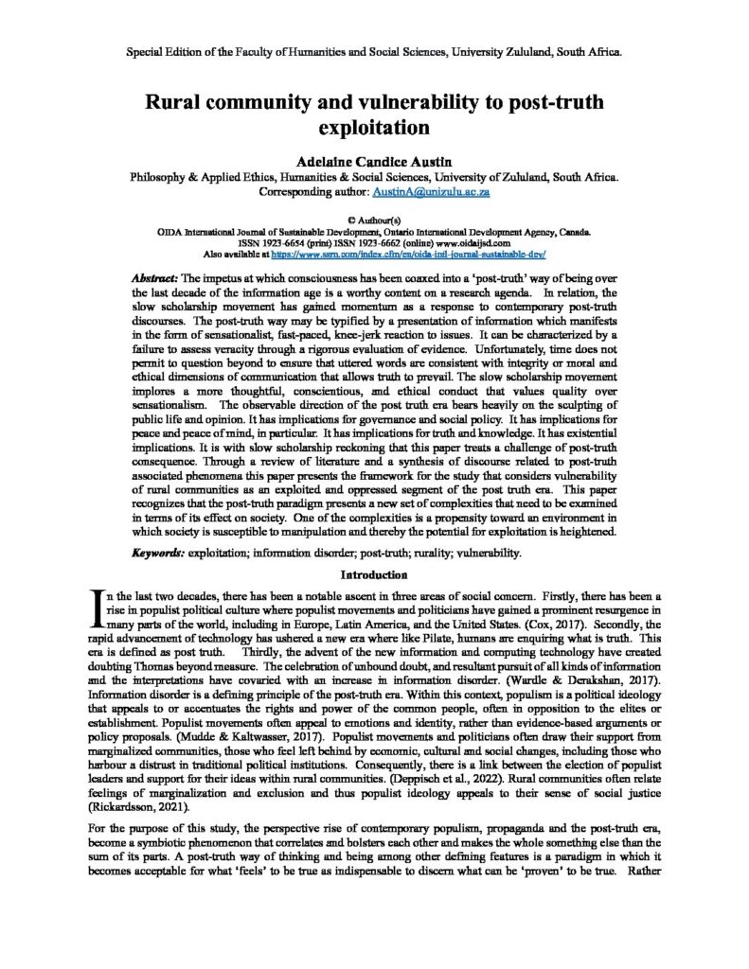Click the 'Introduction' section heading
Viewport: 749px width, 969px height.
pos(374,573)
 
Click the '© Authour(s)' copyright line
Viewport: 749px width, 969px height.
pos(374,219)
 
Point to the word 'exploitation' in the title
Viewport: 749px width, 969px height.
pos(374,125)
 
